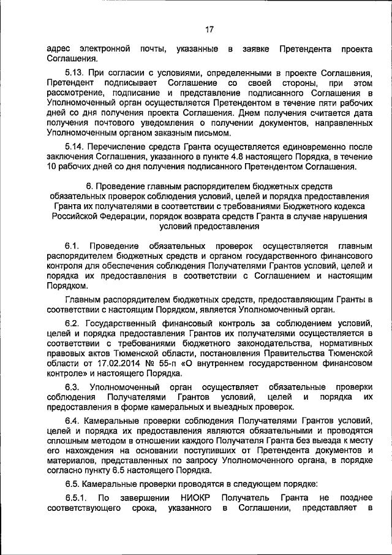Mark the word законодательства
[265, 344]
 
